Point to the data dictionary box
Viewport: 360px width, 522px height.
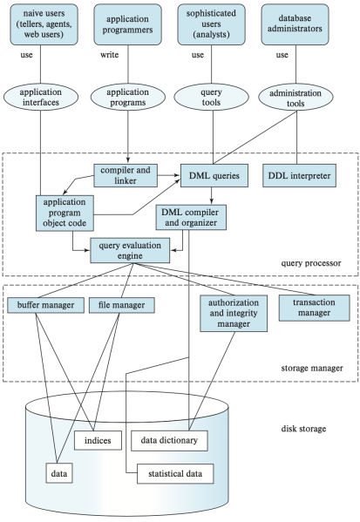170,441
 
